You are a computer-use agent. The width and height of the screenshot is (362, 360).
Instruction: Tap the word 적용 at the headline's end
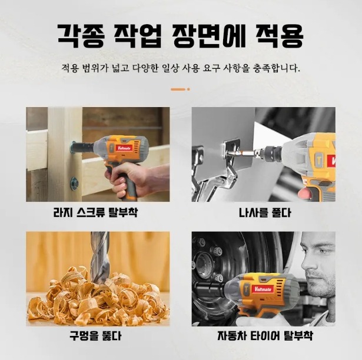(x=279, y=36)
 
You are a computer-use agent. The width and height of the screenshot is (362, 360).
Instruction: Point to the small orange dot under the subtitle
(x=188, y=89)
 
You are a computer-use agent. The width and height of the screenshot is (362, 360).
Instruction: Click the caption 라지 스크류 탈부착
(x=95, y=212)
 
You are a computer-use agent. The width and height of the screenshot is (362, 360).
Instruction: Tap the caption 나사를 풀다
(x=265, y=212)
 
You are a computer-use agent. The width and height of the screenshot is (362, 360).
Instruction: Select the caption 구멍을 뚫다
(x=95, y=335)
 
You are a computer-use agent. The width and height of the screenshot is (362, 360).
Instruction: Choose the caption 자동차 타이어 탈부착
(x=265, y=335)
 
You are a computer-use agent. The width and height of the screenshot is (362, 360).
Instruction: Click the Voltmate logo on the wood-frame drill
(x=125, y=148)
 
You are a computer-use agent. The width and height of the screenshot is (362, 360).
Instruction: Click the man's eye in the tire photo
(x=323, y=251)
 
